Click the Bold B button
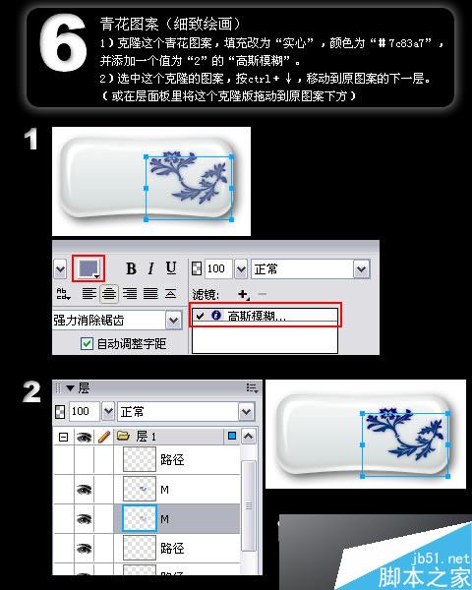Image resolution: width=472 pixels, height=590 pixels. (130, 268)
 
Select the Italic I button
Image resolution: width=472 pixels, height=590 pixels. (150, 268)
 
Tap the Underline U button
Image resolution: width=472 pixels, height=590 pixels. (171, 268)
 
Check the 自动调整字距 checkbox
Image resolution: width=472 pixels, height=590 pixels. (87, 343)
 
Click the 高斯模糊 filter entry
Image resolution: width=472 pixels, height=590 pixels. (263, 316)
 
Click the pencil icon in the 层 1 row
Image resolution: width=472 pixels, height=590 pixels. (103, 436)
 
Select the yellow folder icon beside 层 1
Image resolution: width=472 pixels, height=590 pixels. (124, 436)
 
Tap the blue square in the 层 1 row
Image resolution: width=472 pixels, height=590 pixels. (231, 436)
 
